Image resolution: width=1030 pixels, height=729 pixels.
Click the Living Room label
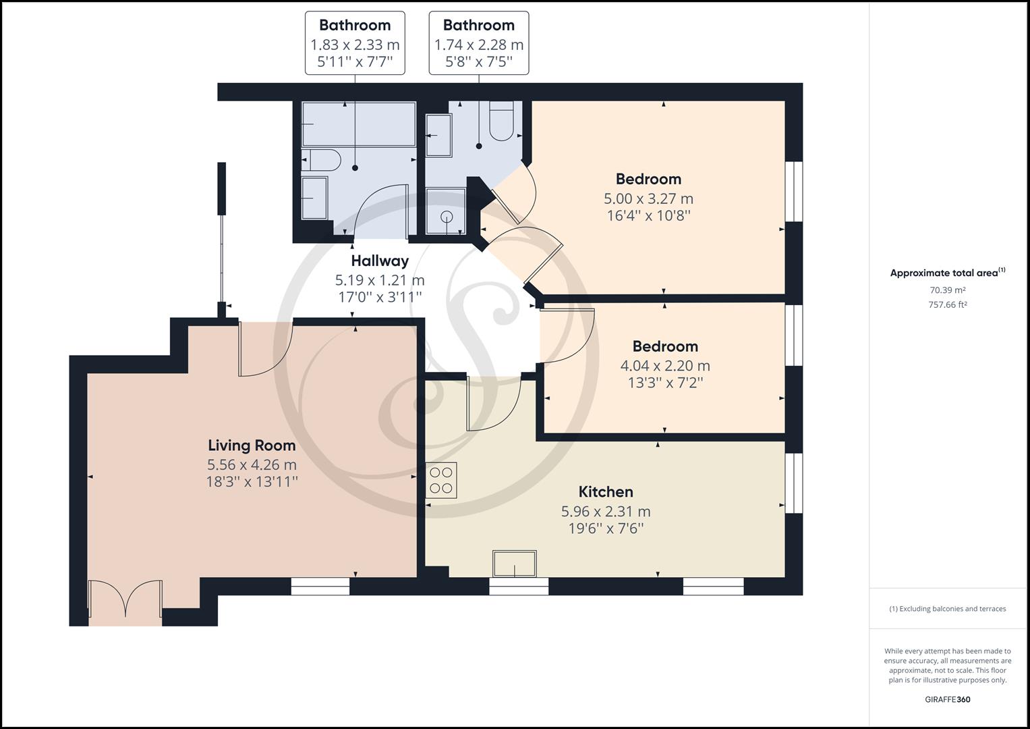click(251, 446)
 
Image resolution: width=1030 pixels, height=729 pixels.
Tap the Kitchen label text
click(605, 492)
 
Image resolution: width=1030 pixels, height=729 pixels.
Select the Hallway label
click(380, 261)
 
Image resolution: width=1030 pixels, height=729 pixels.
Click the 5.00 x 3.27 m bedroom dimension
click(648, 198)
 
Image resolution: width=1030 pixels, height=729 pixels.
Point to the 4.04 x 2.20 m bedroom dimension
click(664, 366)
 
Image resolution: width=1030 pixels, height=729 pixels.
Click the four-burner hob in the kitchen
click(441, 481)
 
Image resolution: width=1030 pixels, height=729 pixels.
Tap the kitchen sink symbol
click(515, 564)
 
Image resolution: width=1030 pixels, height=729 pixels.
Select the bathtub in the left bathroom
click(358, 124)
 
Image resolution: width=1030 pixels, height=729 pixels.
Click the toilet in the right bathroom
click(501, 122)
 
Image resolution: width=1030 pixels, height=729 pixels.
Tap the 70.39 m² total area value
click(948, 290)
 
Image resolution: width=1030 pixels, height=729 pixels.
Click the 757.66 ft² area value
click(948, 304)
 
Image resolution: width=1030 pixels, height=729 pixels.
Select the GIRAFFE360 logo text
click(947, 699)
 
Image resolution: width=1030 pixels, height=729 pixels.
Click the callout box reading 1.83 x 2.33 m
click(355, 43)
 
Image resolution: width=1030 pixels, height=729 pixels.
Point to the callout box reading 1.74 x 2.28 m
click(479, 43)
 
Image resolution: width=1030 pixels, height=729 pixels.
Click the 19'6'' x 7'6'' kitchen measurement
click(605, 528)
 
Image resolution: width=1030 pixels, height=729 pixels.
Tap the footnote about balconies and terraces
click(948, 609)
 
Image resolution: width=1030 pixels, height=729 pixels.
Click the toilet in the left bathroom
click(322, 161)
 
